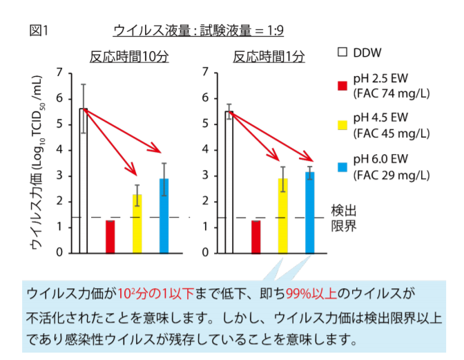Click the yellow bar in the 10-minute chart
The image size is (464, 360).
pos(137,224)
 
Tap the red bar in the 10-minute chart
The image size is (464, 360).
pos(110,236)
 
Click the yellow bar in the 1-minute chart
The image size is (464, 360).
pos(282,216)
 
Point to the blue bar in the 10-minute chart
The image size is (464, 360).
pos(164,216)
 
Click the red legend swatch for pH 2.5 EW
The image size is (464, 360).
pos(342,86)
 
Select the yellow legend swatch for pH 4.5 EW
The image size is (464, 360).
pos(342,125)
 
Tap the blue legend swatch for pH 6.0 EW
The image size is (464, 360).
pos(342,163)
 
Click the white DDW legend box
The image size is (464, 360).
pos(342,52)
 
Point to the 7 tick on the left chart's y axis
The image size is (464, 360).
pos(60,73)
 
